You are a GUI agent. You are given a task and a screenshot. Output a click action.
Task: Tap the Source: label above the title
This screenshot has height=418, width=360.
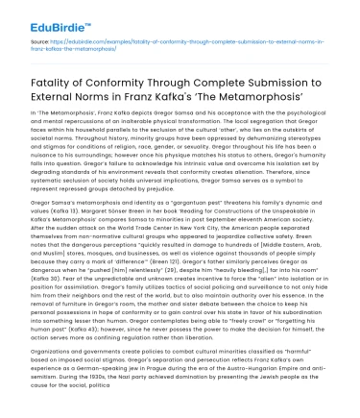pyautogui.click(x=33, y=44)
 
